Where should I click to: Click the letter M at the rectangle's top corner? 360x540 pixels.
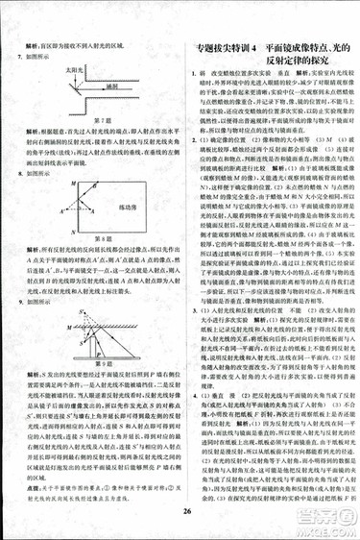[66, 184]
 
